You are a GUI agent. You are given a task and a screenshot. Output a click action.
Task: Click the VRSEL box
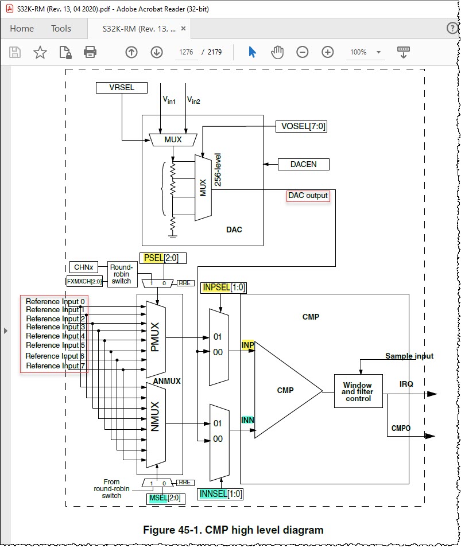(x=122, y=88)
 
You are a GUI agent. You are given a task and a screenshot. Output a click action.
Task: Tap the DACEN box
(x=304, y=164)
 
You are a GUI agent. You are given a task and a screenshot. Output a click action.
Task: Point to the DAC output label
(x=308, y=196)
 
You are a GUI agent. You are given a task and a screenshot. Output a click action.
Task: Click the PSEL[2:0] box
(x=162, y=258)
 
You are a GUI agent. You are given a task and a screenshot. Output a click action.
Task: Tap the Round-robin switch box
(x=121, y=274)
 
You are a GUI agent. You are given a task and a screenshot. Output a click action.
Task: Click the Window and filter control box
(x=358, y=391)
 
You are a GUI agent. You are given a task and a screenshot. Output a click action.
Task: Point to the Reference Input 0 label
(x=55, y=301)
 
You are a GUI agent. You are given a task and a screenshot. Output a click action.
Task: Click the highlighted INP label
(x=248, y=345)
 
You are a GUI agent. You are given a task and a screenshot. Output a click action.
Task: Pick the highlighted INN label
(x=247, y=421)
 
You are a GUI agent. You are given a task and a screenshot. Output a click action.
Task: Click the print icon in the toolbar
(x=90, y=52)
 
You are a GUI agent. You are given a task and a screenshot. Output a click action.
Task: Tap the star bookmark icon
(x=40, y=52)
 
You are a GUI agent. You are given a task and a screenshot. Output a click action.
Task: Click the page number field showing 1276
(x=186, y=52)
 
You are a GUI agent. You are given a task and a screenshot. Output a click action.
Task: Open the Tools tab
(x=61, y=29)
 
